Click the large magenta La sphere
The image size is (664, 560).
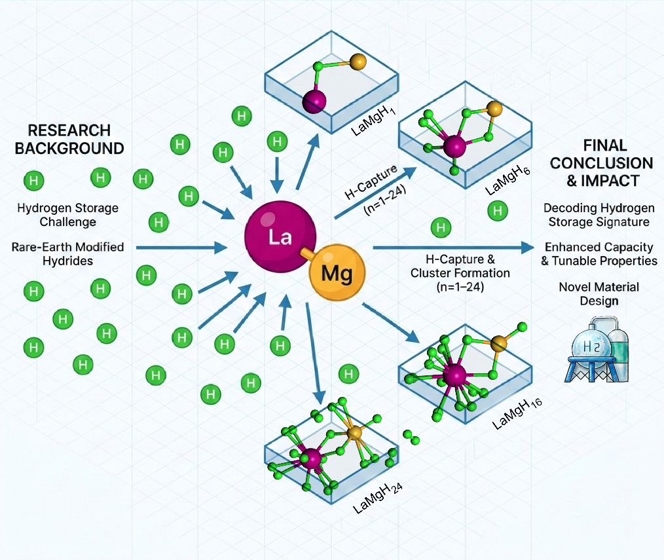(x=280, y=236)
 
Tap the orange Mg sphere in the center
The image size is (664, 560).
(x=337, y=272)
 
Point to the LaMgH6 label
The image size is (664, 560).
(x=507, y=181)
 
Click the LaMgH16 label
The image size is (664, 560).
(x=517, y=414)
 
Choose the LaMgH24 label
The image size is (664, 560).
(x=377, y=498)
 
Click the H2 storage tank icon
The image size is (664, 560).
(x=597, y=350)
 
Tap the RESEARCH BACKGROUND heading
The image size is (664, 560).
(x=69, y=140)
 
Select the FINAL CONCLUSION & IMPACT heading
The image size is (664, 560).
(x=601, y=163)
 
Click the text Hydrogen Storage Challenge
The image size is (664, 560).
(x=67, y=215)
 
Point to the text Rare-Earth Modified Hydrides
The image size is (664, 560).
(x=67, y=253)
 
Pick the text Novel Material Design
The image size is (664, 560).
(x=599, y=294)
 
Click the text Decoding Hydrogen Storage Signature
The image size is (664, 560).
(x=599, y=215)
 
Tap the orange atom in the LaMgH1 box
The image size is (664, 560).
(x=358, y=62)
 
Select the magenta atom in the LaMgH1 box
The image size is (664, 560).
(x=314, y=102)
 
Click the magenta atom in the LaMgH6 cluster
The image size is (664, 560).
(x=454, y=145)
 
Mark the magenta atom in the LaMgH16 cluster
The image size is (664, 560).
(x=454, y=375)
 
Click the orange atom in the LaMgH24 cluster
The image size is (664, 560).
(x=354, y=433)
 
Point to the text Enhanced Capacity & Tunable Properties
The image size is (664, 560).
(x=599, y=253)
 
